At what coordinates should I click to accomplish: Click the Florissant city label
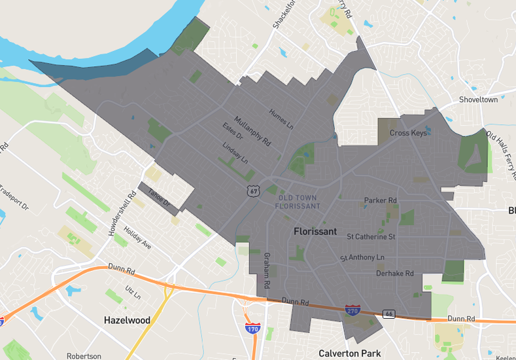(315, 232)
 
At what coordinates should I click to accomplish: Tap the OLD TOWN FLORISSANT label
(299, 202)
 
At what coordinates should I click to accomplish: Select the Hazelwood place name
(127, 320)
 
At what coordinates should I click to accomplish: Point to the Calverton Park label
(349, 353)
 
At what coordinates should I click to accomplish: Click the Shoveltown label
(478, 99)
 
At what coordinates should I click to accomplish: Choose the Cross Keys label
(408, 133)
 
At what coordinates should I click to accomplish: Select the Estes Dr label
(232, 132)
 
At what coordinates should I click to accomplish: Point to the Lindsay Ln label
(235, 153)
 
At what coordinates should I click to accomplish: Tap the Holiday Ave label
(137, 238)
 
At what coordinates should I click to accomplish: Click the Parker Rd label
(381, 200)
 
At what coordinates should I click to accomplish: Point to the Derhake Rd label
(395, 273)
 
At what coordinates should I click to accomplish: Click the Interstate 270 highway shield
(353, 310)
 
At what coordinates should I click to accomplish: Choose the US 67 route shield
(253, 190)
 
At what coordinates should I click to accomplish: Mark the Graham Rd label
(267, 272)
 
